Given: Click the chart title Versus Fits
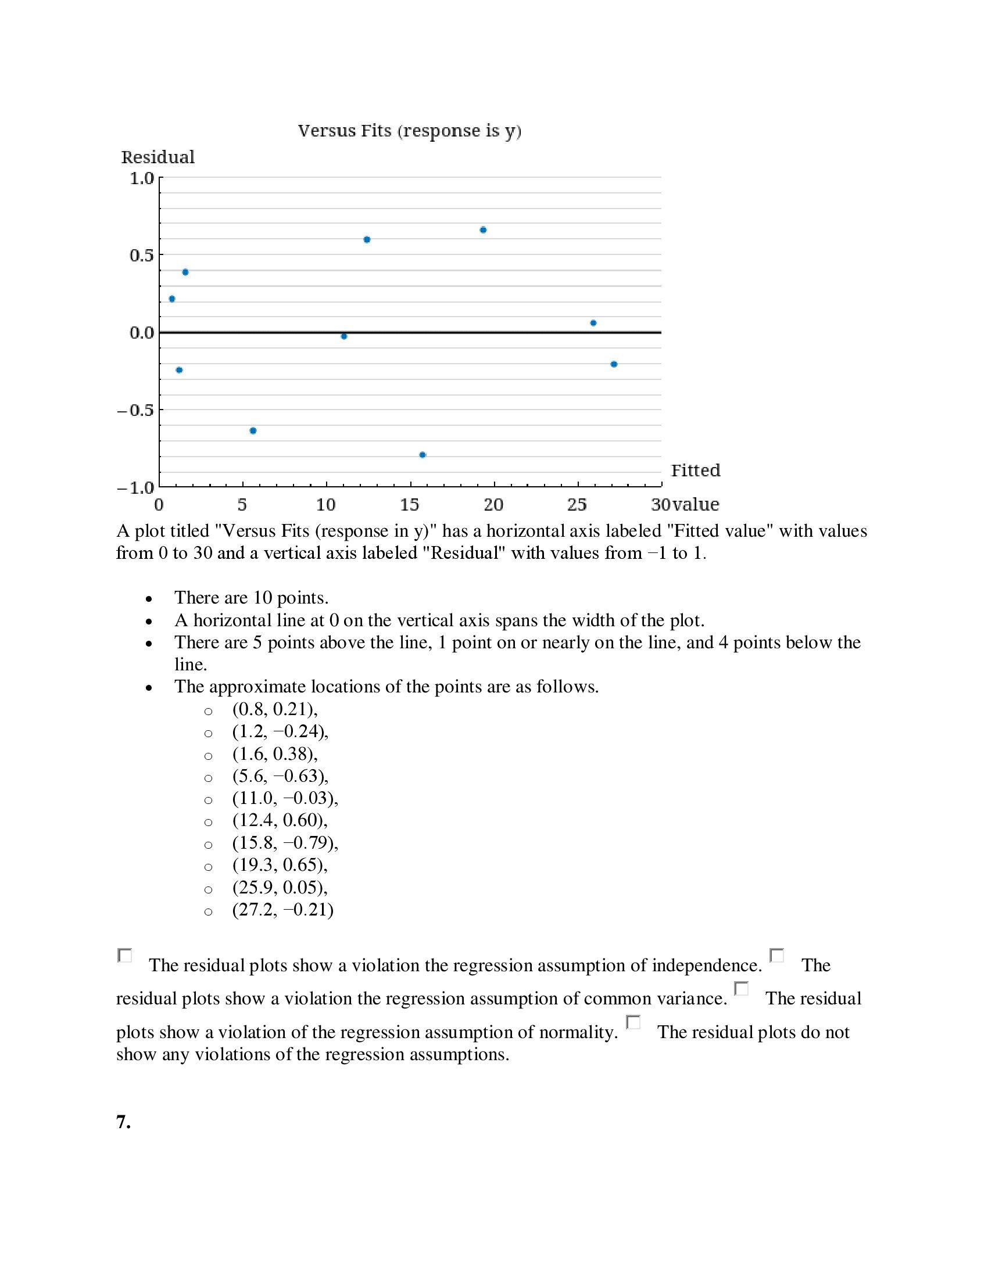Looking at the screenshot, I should pos(409,131).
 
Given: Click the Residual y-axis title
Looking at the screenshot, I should pos(157,157).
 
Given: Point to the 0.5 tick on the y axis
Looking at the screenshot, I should pos(142,255).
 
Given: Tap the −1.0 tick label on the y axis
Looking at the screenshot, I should pos(135,487).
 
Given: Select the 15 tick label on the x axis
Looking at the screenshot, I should pos(410,504).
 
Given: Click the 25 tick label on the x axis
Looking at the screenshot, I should pos(577,504).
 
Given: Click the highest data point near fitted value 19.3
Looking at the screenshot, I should pos(483,230).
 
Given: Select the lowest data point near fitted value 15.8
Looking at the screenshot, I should pos(423,455).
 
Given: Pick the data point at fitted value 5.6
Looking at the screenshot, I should pos(253,430).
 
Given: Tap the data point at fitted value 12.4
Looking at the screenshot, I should pos(367,239).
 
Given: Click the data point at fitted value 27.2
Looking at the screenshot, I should pos(613,364).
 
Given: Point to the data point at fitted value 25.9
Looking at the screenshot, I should pos(593,323).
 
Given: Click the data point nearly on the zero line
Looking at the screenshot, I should pos(343,336).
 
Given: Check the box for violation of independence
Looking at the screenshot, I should pos(125,956).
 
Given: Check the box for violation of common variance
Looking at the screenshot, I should pos(776,956).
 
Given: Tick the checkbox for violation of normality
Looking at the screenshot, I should pos(742,989).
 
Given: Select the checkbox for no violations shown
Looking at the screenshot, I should pos(633,1022).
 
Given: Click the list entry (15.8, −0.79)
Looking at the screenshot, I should pos(285,843).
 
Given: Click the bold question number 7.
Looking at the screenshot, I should pos(123,1122).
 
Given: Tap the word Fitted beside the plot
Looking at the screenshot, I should pos(695,471).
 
